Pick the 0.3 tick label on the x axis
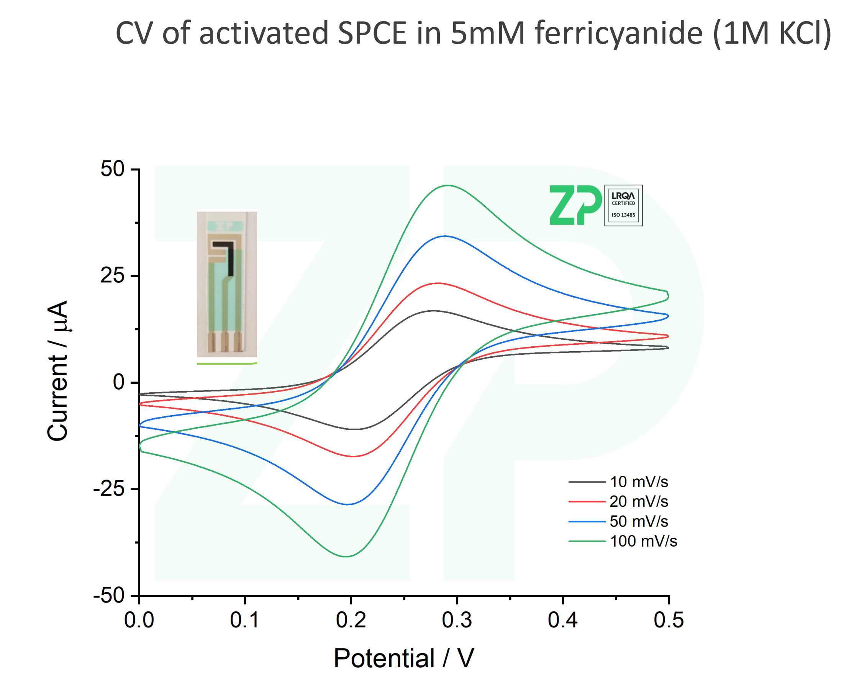coord(457,620)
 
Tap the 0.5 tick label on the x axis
coord(669,620)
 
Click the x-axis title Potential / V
coord(404,658)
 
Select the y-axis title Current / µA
coord(57,371)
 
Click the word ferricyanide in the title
coord(618,33)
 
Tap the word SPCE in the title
coord(372,33)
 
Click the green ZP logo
coord(575,205)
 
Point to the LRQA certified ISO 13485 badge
coord(623,205)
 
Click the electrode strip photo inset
coord(226,284)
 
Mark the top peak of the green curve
coord(448,185)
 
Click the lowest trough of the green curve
coord(346,557)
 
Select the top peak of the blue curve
coord(444,236)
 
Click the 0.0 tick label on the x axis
coord(139,620)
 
